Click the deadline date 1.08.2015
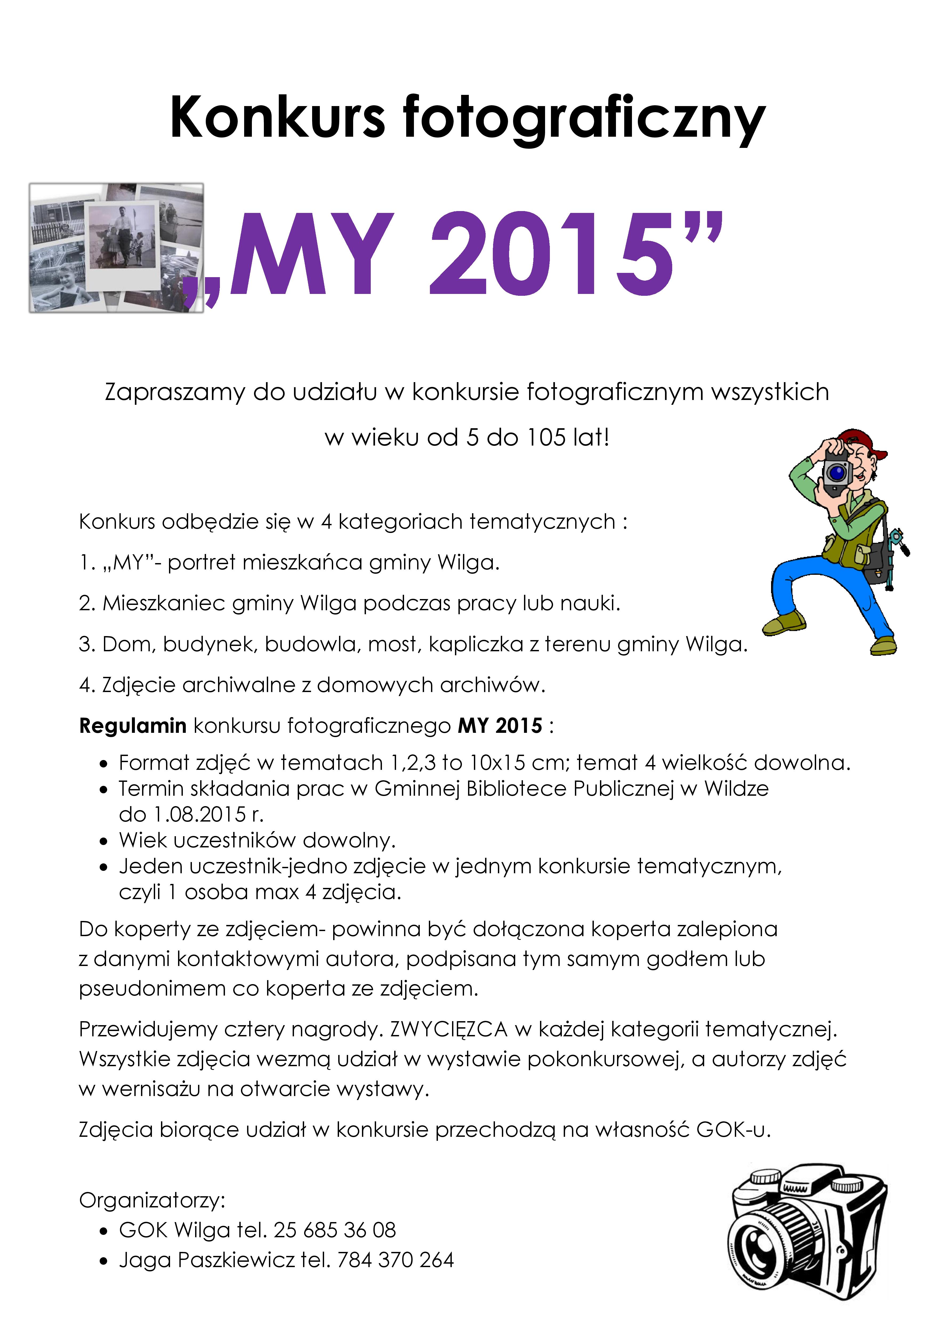pos(199,814)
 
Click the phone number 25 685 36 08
pos(334,1230)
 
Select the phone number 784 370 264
pos(396,1260)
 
